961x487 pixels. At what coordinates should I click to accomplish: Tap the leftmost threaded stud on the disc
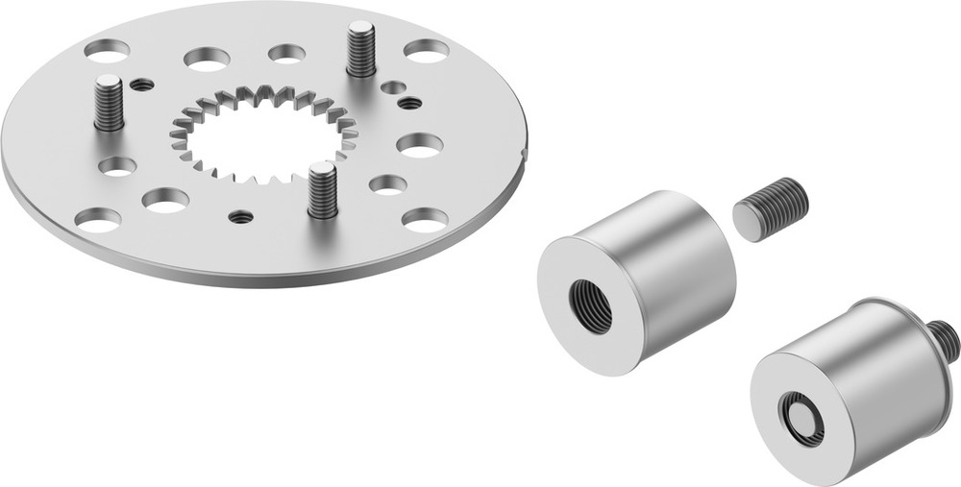(109, 102)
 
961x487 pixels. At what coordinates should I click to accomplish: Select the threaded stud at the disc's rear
(360, 49)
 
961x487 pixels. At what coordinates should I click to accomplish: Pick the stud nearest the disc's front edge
(323, 188)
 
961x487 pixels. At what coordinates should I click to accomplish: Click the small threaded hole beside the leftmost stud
(142, 85)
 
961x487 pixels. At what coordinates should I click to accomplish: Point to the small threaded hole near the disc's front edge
(242, 217)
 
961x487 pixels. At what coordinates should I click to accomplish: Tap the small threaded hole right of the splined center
(410, 103)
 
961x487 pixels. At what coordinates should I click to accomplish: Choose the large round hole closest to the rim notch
(420, 145)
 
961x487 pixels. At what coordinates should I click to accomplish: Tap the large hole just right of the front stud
(387, 183)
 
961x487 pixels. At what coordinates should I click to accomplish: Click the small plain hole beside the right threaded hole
(393, 87)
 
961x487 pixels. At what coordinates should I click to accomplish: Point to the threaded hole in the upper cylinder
(587, 304)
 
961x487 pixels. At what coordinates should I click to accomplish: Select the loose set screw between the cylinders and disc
(771, 208)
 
